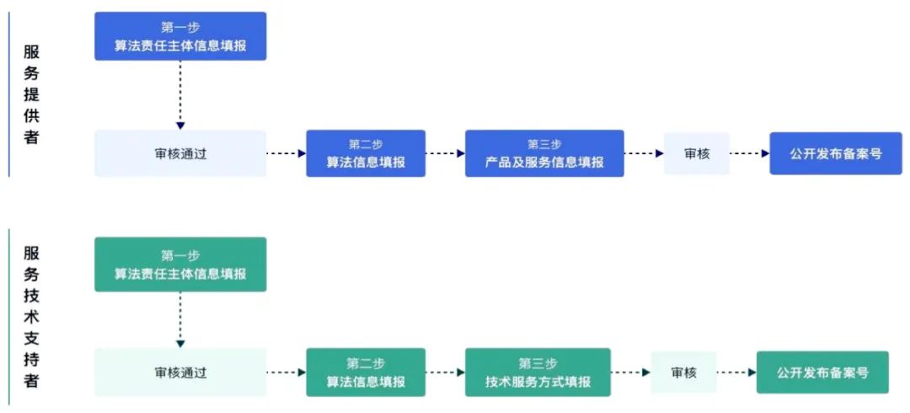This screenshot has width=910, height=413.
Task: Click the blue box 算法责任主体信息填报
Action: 180,36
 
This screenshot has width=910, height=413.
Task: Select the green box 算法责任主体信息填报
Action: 180,264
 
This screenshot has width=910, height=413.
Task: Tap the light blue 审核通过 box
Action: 180,153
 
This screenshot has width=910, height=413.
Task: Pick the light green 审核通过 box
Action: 180,372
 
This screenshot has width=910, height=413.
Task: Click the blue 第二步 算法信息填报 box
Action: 366,153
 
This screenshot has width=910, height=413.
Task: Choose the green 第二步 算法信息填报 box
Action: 366,372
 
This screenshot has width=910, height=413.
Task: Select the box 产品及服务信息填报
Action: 544,153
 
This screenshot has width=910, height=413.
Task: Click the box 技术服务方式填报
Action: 538,372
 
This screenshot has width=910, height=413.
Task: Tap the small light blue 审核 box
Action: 696,153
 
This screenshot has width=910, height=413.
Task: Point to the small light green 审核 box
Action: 683,372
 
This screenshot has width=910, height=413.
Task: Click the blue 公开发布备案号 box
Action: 836,153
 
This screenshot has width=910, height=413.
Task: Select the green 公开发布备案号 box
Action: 822,372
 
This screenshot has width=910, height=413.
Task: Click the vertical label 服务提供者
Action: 31,94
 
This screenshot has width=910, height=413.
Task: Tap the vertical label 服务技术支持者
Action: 31,316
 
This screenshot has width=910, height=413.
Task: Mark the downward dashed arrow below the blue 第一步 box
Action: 180,94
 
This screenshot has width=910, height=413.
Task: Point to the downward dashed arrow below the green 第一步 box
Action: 180,319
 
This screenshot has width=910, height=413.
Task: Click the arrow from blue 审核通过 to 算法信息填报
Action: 286,153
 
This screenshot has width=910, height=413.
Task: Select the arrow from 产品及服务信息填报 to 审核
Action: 644,153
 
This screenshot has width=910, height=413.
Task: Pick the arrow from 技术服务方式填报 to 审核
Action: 631,372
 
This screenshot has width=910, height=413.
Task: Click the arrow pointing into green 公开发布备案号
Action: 736,372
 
